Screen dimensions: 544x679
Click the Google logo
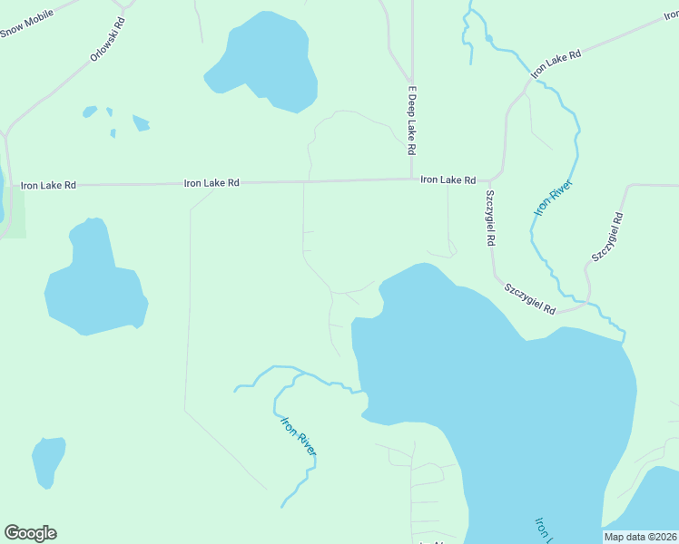[30, 533]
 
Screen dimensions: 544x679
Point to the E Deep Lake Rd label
[411, 120]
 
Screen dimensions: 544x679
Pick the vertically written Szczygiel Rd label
[490, 219]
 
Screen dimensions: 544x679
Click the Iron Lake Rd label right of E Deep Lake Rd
[448, 180]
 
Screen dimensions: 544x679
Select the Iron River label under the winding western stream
[299, 436]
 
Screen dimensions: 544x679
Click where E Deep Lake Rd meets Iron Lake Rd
[411, 179]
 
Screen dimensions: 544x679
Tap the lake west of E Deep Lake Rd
[263, 63]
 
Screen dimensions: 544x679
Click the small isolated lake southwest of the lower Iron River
[48, 460]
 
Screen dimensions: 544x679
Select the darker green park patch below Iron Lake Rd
[15, 214]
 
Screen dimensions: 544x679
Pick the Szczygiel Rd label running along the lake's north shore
[530, 297]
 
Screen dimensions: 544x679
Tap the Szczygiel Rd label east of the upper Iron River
[607, 238]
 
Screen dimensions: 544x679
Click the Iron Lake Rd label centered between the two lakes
[212, 183]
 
